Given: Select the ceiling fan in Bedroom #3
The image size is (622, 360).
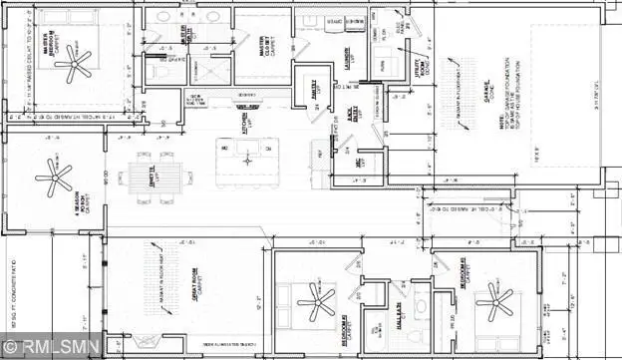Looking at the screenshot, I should (493, 300).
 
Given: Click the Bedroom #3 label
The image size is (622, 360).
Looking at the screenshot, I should (465, 271).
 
